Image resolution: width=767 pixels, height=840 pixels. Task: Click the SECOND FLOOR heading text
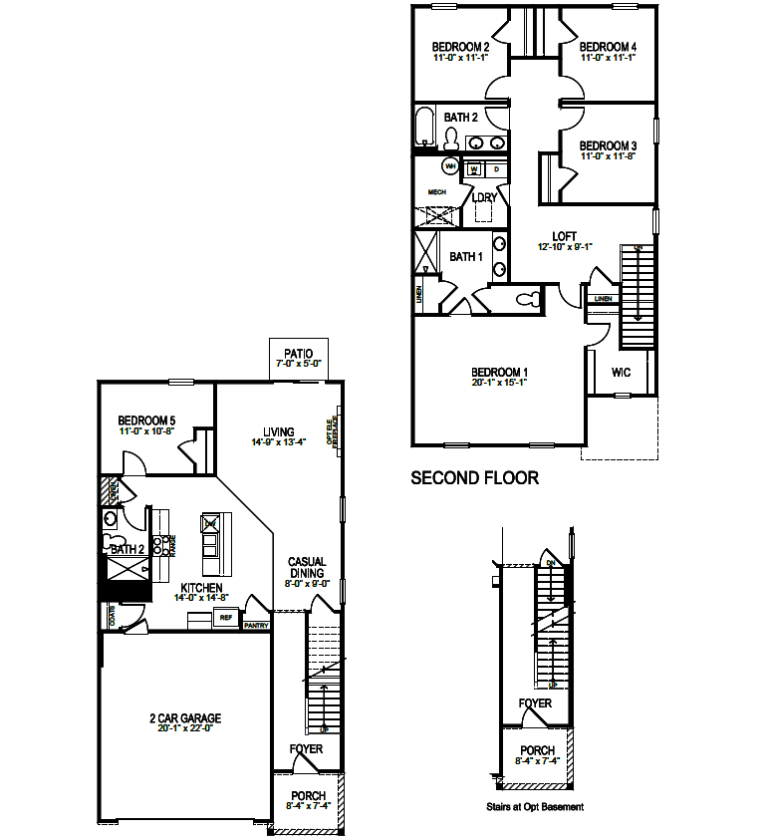pos(475,478)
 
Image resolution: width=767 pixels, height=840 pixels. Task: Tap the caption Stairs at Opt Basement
pos(534,806)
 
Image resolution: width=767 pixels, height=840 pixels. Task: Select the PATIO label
pos(298,353)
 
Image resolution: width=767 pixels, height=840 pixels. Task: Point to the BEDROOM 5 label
pos(147,420)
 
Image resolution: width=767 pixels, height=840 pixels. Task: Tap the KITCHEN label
pos(201,588)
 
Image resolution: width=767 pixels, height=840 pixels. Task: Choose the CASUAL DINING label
pos(307,568)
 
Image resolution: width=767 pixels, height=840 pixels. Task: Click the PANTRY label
pos(257,625)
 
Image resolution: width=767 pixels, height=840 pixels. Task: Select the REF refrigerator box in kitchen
pos(225,618)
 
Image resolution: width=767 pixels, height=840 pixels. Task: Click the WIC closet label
pos(621,373)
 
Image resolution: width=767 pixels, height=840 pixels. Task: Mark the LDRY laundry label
pos(484,197)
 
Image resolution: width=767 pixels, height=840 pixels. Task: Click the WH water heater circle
pos(450,166)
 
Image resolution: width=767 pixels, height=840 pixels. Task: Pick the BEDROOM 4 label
pos(608,47)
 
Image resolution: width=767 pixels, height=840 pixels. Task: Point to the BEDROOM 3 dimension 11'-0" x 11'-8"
pos(608,156)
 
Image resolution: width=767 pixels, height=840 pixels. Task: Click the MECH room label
pos(436,191)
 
